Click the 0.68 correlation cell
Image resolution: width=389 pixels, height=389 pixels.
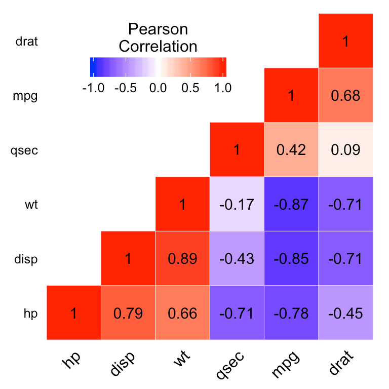click(x=345, y=95)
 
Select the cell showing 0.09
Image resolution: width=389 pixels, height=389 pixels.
click(x=345, y=150)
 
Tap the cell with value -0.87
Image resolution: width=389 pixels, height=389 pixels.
click(x=291, y=204)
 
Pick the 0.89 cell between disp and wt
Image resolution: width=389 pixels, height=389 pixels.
click(x=182, y=258)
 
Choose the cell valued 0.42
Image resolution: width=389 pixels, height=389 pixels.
click(x=291, y=150)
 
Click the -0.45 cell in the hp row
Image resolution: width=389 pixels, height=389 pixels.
click(x=345, y=313)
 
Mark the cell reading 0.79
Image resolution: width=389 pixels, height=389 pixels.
click(x=128, y=313)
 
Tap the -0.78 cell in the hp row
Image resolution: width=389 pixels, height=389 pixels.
click(x=291, y=313)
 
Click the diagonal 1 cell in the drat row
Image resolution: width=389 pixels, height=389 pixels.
click(x=345, y=41)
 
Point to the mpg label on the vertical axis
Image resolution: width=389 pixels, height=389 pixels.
click(x=25, y=96)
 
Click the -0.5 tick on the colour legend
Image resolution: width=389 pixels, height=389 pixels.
click(x=126, y=88)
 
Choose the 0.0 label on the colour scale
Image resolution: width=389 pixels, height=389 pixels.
click(x=158, y=88)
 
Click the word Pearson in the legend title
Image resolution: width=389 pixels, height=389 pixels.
click(x=158, y=30)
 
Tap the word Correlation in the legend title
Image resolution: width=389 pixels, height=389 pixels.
click(x=158, y=47)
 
